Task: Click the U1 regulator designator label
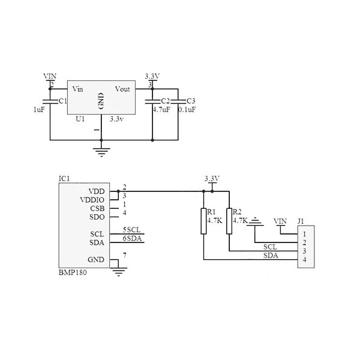pyautogui.click(x=80, y=119)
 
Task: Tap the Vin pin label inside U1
pyautogui.click(x=77, y=89)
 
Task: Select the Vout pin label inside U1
pyautogui.click(x=122, y=89)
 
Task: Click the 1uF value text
pyautogui.click(x=39, y=110)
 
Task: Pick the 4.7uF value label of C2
pyautogui.click(x=161, y=110)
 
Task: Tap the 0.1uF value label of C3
pyautogui.click(x=187, y=110)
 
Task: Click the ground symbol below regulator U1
pyautogui.click(x=101, y=150)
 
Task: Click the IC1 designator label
pyautogui.click(x=64, y=179)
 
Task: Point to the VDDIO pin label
pyautogui.click(x=92, y=200)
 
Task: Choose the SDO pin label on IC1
pyautogui.click(x=97, y=217)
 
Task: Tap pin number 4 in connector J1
pyautogui.click(x=305, y=260)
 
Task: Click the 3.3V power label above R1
pyautogui.click(x=212, y=179)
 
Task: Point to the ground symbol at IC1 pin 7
pyautogui.click(x=119, y=272)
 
